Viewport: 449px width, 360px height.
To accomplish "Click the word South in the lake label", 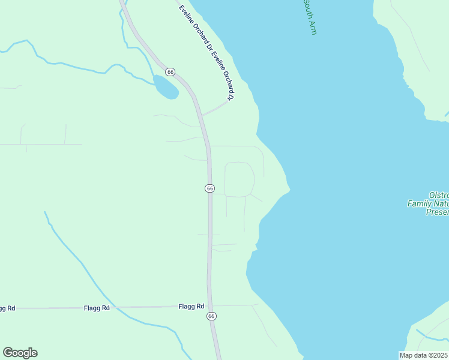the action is [307, 8].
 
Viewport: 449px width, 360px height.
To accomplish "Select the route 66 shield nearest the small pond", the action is [171, 72].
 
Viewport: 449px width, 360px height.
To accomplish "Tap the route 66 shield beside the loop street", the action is [209, 188].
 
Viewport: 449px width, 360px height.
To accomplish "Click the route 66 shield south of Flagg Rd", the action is [211, 316].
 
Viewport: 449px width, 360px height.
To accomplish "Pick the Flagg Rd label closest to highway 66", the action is [192, 306].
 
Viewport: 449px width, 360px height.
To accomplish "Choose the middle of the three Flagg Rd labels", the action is [97, 308].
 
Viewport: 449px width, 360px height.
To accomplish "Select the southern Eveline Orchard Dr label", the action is [221, 75].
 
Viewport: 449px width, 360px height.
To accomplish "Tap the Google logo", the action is [20, 353].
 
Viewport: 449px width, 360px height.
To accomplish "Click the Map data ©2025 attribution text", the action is [424, 355].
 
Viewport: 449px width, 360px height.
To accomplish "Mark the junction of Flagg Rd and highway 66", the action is [209, 306].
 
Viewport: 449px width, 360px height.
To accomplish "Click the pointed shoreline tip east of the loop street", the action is [290, 191].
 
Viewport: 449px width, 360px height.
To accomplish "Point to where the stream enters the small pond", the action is [155, 77].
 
